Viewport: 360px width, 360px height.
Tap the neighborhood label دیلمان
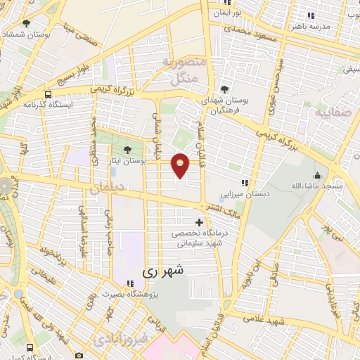tap(106, 188)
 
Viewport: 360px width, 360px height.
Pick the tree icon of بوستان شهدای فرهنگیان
tap(224, 89)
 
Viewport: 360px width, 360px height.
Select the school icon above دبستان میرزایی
tap(245, 182)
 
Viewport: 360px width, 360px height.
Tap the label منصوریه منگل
tap(185, 70)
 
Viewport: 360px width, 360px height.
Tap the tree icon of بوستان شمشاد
tap(26, 23)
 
